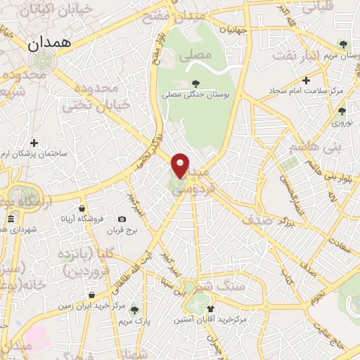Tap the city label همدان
point(50,44)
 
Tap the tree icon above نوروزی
point(342,110)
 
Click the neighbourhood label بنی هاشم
point(314,146)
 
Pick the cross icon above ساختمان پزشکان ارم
point(34,143)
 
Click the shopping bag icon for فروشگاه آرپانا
point(82,208)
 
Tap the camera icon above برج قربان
point(122,219)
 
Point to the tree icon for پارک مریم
point(134,309)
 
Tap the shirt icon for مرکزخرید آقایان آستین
point(210,309)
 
